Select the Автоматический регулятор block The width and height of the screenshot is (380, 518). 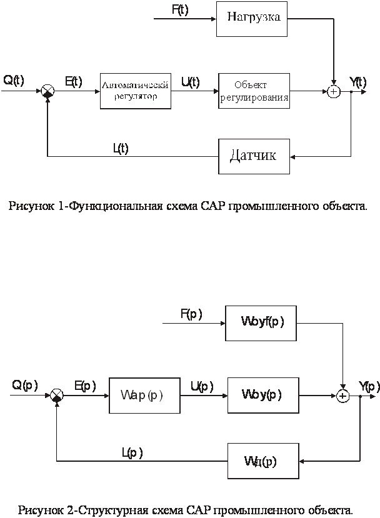click(x=136, y=90)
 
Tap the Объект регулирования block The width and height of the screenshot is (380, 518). click(x=254, y=91)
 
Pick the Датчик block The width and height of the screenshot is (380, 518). click(x=254, y=156)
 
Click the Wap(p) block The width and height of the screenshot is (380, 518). click(x=144, y=396)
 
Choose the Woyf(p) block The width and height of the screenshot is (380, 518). click(x=261, y=322)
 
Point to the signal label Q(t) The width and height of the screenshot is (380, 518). click(x=14, y=80)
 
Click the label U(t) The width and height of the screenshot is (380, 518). click(x=190, y=82)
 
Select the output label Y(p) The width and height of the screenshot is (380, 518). click(x=368, y=385)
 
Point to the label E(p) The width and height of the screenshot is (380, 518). click(x=85, y=386)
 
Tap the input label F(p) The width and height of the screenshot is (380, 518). click(x=191, y=314)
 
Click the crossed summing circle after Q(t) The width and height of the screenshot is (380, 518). click(x=47, y=91)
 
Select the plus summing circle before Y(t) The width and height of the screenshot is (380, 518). click(x=334, y=92)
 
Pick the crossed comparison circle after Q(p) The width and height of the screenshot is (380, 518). click(x=56, y=395)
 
